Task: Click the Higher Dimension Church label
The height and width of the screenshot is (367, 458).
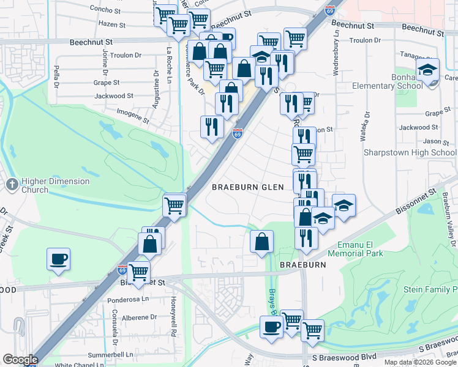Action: (x=55, y=185)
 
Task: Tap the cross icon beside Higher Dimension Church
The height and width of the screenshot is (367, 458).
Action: (x=12, y=183)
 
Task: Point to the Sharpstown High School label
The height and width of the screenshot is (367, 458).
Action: (x=410, y=152)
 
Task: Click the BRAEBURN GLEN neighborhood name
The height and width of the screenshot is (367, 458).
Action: (x=248, y=187)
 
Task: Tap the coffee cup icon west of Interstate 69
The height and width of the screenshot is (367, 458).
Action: (x=58, y=258)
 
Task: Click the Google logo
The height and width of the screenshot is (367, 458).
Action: (x=20, y=360)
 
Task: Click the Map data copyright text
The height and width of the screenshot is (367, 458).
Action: (x=419, y=362)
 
